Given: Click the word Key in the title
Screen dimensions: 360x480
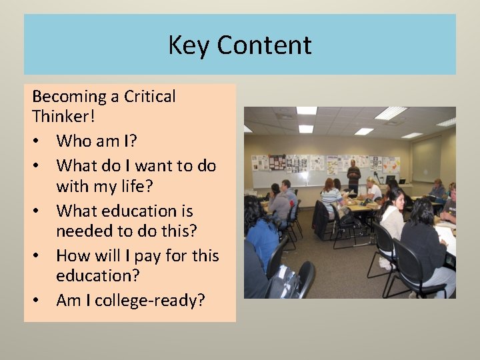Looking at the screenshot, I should (189, 45).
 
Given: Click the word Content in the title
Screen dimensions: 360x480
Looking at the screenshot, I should (264, 45).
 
